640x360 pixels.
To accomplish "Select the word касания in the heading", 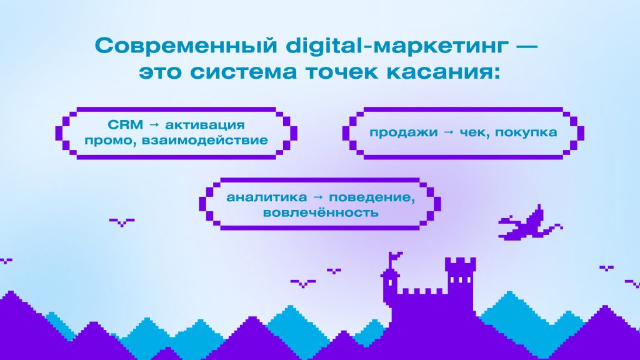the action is [441, 72].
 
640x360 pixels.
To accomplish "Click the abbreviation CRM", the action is [125, 124].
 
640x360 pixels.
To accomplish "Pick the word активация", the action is [205, 125].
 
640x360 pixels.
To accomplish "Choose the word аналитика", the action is [266, 197].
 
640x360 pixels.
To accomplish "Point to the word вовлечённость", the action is [321, 212].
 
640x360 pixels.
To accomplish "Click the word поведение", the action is [372, 197].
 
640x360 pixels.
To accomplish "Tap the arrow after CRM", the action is [154, 125].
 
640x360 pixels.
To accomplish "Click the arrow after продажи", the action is [449, 132].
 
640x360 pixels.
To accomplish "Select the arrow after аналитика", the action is [317, 197].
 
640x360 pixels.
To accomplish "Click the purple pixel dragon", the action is [529, 223].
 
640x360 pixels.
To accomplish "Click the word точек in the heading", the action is [342, 72].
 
